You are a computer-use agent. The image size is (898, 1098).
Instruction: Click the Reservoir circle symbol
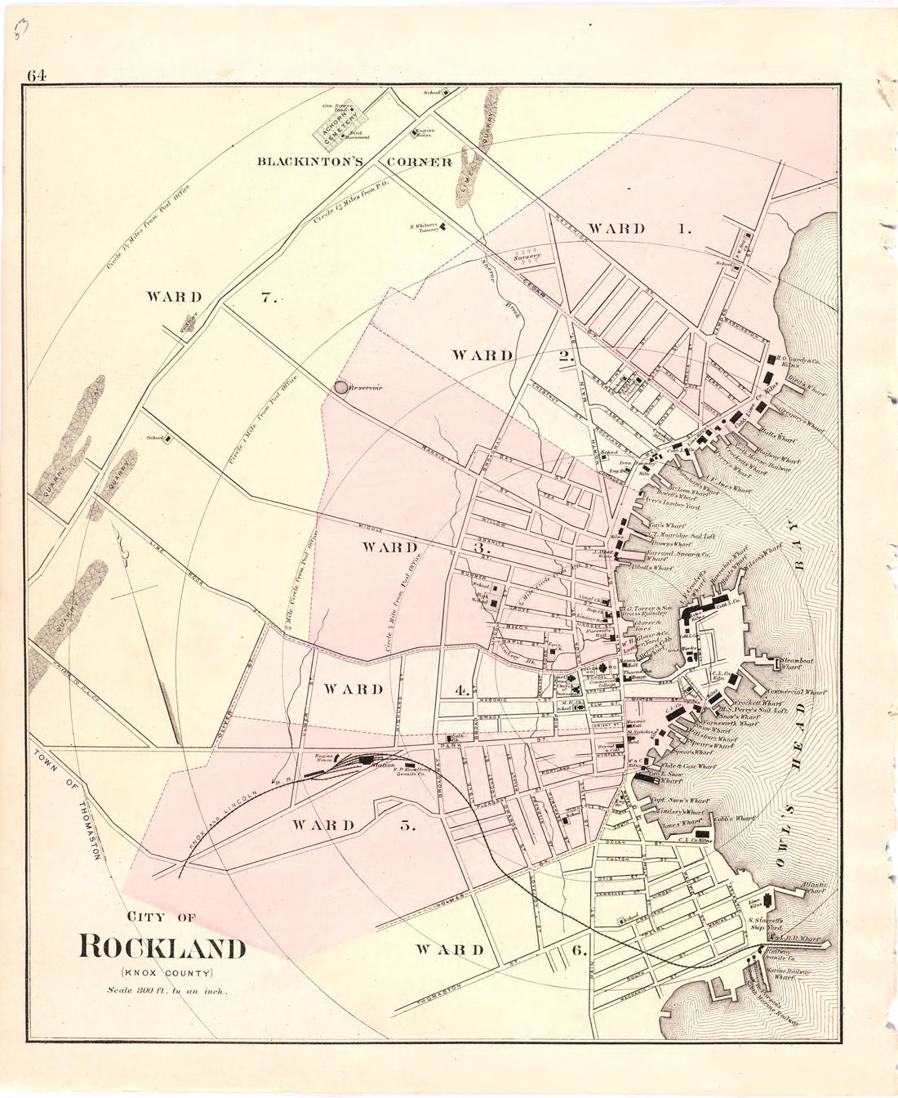coord(337,388)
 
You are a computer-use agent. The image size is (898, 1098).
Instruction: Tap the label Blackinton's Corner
coord(354,162)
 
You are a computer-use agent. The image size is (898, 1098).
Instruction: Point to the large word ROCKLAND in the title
coord(162,948)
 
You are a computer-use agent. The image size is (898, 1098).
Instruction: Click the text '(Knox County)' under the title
coord(167,973)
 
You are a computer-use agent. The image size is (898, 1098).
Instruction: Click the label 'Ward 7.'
coord(212,297)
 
